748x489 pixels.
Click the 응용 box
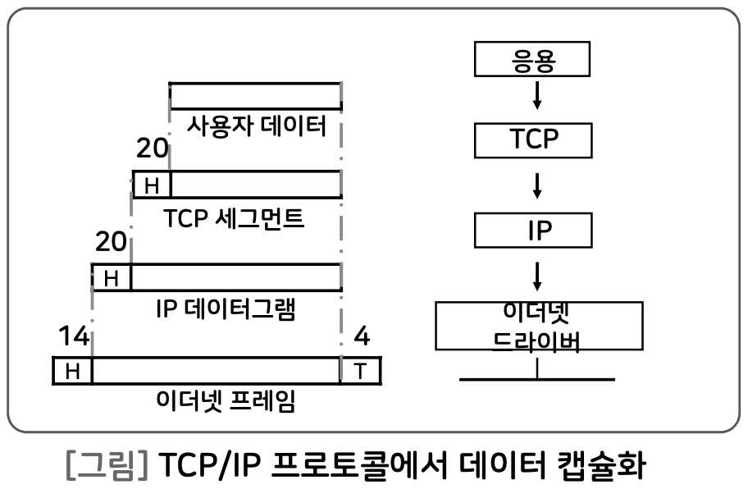(x=533, y=62)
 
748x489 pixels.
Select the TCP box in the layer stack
(x=533, y=139)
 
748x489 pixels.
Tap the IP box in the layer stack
(x=533, y=229)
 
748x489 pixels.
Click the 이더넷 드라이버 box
(x=536, y=327)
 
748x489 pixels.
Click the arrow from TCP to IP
(x=537, y=185)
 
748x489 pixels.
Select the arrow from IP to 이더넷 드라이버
(x=537, y=275)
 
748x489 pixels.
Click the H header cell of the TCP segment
(x=152, y=185)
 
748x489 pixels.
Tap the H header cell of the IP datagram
(x=112, y=278)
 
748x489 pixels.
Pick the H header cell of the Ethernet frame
(x=72, y=371)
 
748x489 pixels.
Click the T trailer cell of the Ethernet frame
(x=361, y=371)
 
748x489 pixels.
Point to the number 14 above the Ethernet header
(x=73, y=336)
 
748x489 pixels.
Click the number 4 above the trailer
(x=362, y=336)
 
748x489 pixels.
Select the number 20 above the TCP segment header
(x=153, y=149)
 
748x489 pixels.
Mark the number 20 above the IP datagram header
(x=112, y=242)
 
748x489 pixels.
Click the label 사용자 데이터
(x=257, y=126)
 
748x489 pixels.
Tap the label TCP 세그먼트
(x=234, y=220)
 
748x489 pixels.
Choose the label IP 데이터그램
(x=225, y=310)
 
